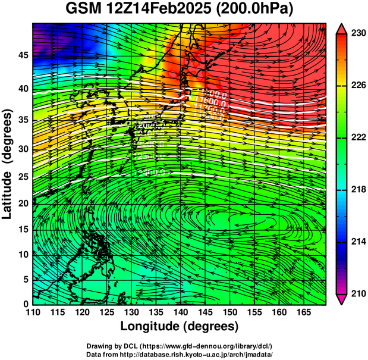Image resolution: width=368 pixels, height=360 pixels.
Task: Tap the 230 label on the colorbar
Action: [x=358, y=33]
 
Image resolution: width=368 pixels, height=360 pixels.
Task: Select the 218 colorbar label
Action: [x=358, y=189]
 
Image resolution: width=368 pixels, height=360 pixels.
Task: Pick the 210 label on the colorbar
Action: [x=358, y=293]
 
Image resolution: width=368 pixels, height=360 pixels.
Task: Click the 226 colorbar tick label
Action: [x=358, y=85]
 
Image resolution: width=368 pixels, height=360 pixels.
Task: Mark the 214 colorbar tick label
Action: [x=358, y=242]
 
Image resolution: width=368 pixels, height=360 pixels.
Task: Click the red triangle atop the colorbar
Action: [x=343, y=28]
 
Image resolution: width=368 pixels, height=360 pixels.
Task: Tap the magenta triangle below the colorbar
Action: [x=343, y=299]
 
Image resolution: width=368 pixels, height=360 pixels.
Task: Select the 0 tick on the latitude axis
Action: [x=26, y=304]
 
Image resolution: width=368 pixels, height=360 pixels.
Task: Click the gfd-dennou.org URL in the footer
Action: [x=199, y=346]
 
